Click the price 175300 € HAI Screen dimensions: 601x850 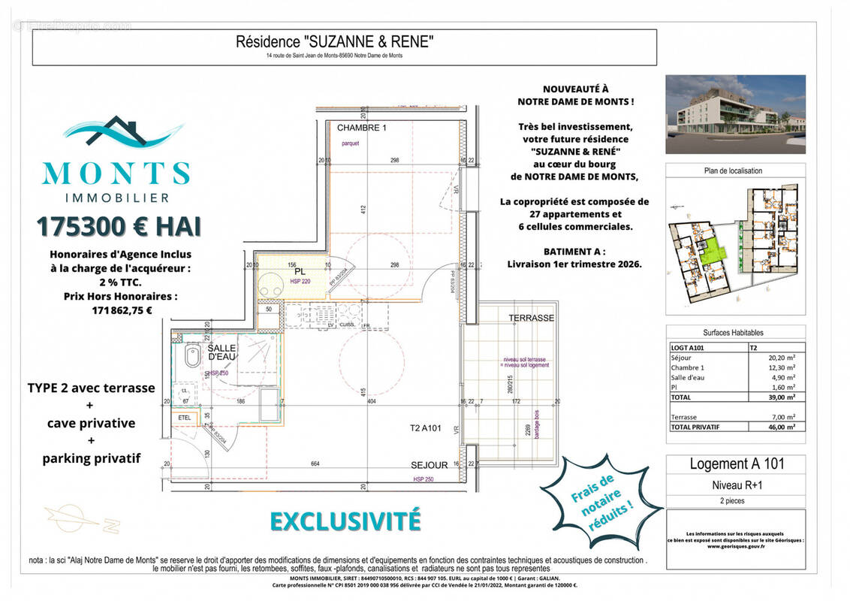point(118,226)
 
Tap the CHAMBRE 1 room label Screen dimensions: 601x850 point(361,128)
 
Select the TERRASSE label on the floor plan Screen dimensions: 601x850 point(531,318)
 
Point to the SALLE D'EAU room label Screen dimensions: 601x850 point(222,353)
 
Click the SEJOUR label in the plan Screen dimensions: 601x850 point(430,466)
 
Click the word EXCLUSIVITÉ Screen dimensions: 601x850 point(345,521)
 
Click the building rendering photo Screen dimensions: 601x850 point(735,114)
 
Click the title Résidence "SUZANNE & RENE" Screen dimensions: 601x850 point(334,43)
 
